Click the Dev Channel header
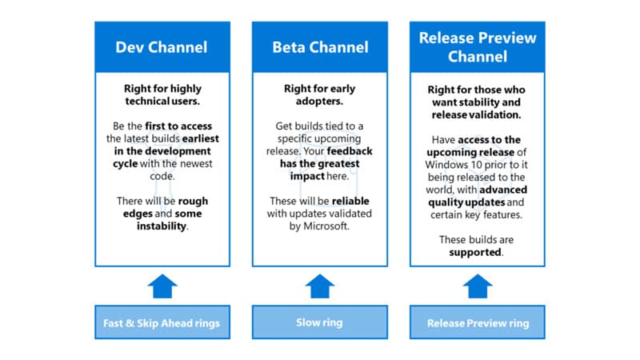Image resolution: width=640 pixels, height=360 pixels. click(x=162, y=46)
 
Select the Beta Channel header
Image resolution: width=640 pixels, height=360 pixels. click(x=320, y=46)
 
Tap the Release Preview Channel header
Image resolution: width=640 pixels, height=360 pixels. click(x=478, y=46)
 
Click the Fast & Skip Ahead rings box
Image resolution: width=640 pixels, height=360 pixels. click(x=162, y=323)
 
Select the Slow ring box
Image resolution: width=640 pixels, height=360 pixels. click(x=320, y=323)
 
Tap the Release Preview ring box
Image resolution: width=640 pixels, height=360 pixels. click(x=478, y=323)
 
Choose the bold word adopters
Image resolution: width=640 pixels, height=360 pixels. click(x=320, y=102)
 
